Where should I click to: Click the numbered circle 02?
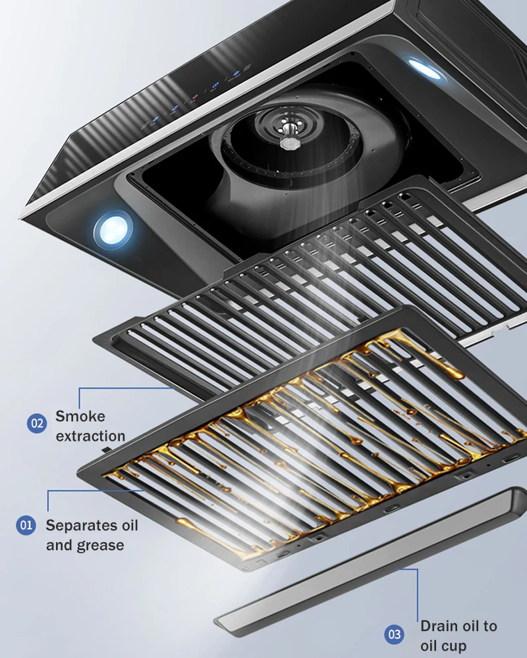pyautogui.click(x=37, y=422)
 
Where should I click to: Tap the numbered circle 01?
pyautogui.click(x=26, y=525)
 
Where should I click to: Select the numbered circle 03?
pyautogui.click(x=395, y=634)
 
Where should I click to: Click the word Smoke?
pyautogui.click(x=80, y=416)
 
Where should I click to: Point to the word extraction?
pyautogui.click(x=90, y=436)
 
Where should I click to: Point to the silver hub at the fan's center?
pyautogui.click(x=288, y=141)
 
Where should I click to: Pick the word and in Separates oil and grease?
pyautogui.click(x=59, y=545)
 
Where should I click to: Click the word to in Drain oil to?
pyautogui.click(x=488, y=626)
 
